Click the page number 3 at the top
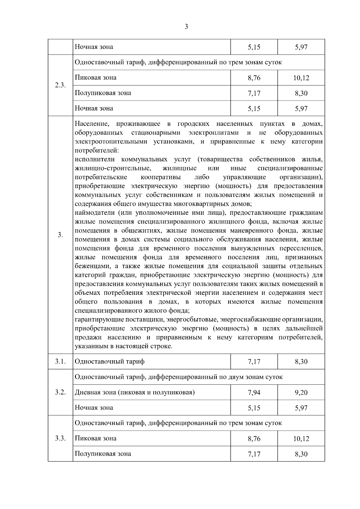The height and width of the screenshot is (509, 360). pyautogui.click(x=186, y=27)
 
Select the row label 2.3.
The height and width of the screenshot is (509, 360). pyautogui.click(x=60, y=85)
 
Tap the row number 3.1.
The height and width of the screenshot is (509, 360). pyautogui.click(x=60, y=361)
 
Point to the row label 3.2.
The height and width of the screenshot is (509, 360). pyautogui.click(x=60, y=392)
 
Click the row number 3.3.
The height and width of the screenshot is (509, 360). pyautogui.click(x=60, y=438)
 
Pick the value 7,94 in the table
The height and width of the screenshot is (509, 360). pyautogui.click(x=254, y=393)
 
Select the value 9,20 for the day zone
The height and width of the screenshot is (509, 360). pyautogui.click(x=301, y=393)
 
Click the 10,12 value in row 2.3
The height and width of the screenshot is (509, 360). pyautogui.click(x=301, y=78)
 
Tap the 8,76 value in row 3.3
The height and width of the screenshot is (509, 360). pyautogui.click(x=254, y=439)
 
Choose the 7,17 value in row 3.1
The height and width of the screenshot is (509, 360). pyautogui.click(x=254, y=362)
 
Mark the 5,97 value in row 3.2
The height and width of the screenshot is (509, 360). pyautogui.click(x=301, y=408)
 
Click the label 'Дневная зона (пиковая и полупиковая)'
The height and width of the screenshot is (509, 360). pyautogui.click(x=135, y=392)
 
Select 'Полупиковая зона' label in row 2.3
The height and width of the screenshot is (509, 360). pyautogui.click(x=103, y=93)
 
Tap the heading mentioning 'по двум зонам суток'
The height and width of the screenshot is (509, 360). pyautogui.click(x=178, y=377)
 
